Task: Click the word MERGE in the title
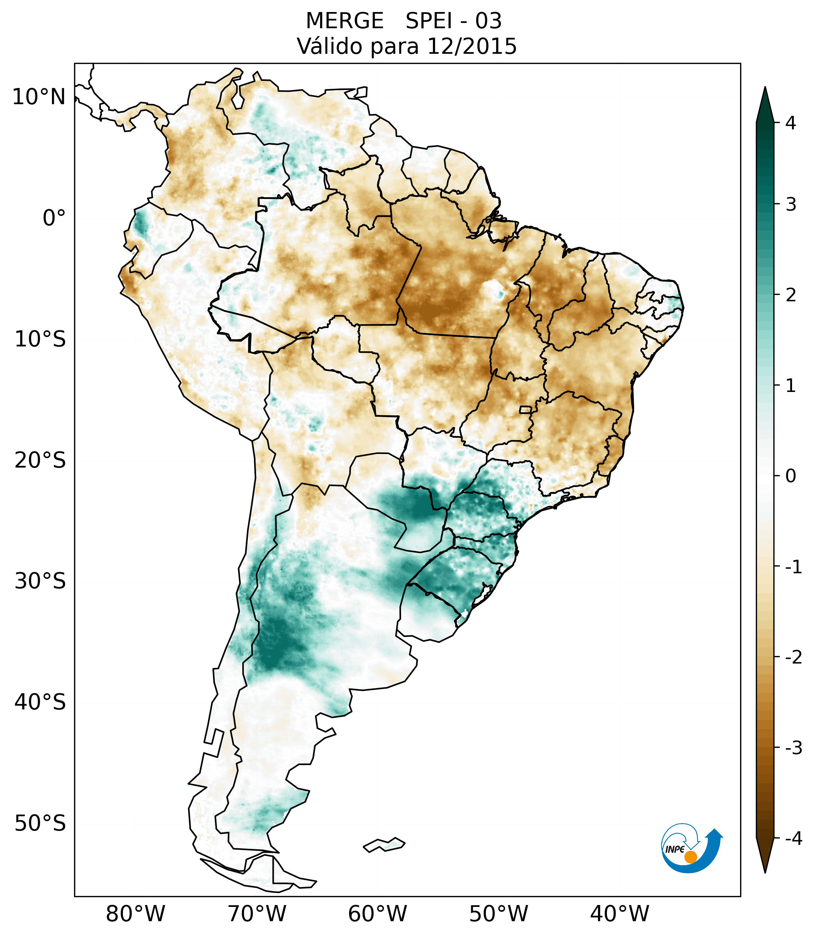pos(344,21)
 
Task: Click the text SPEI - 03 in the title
pos(454,21)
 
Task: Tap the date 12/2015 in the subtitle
pos(472,47)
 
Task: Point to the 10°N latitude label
pos(39,97)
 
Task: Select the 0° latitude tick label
pos(54,218)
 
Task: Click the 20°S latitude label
pos(40,460)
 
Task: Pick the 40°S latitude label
pos(40,702)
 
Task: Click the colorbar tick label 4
pos(791,123)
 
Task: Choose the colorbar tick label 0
pos(791,476)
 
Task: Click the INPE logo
pos(691,847)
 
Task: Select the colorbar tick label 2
pos(791,295)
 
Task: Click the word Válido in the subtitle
pos(330,47)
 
